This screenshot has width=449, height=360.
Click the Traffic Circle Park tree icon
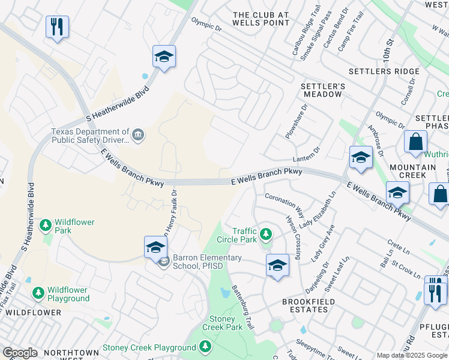266,233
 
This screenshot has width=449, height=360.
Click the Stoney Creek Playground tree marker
205,347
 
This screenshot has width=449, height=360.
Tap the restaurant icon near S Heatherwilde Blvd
57,27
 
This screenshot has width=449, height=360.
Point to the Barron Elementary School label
207,262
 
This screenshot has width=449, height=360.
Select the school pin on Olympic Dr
163,58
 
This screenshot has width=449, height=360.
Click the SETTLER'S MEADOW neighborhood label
323,90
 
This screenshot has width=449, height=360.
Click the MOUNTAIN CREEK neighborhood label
412,171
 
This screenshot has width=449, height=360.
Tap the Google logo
20,353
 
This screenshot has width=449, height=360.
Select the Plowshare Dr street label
296,122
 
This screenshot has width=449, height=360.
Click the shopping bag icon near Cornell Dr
415,142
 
